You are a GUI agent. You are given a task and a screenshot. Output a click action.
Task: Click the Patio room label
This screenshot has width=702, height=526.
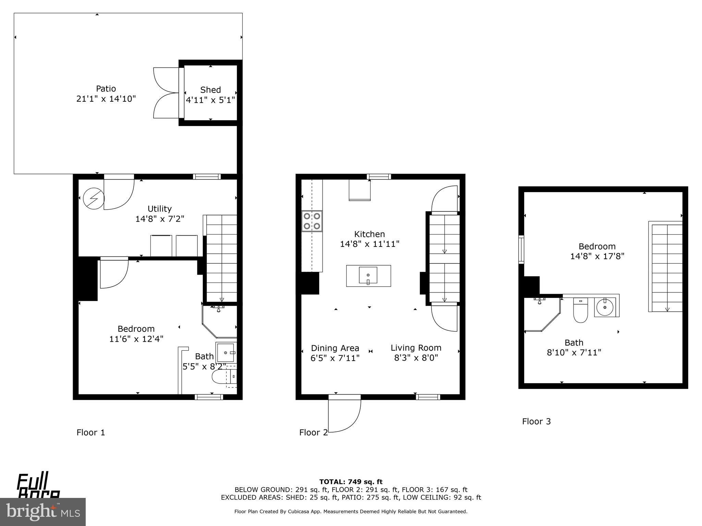pos(106,89)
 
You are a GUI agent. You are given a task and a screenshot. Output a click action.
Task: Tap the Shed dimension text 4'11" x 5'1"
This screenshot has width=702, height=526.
pos(210,100)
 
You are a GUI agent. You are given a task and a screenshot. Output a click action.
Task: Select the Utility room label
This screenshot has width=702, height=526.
pos(159,209)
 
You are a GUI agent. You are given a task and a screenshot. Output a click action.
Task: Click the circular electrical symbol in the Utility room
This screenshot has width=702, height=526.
pos(94,198)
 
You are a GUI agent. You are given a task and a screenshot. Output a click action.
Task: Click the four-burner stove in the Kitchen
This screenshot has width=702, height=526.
pos(312,221)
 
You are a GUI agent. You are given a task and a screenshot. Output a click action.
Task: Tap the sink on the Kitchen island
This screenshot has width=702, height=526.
pos(368,276)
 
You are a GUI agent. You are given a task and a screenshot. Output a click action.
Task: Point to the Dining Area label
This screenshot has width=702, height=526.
pos(335,348)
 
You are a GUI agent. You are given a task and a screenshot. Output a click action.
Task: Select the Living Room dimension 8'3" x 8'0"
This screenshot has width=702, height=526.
pos(416,358)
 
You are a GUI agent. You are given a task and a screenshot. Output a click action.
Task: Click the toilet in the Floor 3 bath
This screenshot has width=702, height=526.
pos(580,311)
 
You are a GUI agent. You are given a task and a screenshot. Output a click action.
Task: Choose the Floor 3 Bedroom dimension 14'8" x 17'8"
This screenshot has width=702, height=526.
pos(597,256)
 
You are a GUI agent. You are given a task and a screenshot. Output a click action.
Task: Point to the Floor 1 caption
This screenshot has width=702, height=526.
pos(91,433)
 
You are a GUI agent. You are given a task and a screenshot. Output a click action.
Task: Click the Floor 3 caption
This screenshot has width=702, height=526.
pos(536,422)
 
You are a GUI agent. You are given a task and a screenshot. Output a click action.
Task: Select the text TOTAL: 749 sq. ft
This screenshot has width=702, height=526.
pos(351,482)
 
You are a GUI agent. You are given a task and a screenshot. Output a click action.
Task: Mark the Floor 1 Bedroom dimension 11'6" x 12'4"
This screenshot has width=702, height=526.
pos(136,339)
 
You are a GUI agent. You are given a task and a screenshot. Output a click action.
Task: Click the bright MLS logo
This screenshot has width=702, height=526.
pos(43,512)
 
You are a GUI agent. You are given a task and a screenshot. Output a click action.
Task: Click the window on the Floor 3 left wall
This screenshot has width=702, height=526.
pos(521,249)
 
